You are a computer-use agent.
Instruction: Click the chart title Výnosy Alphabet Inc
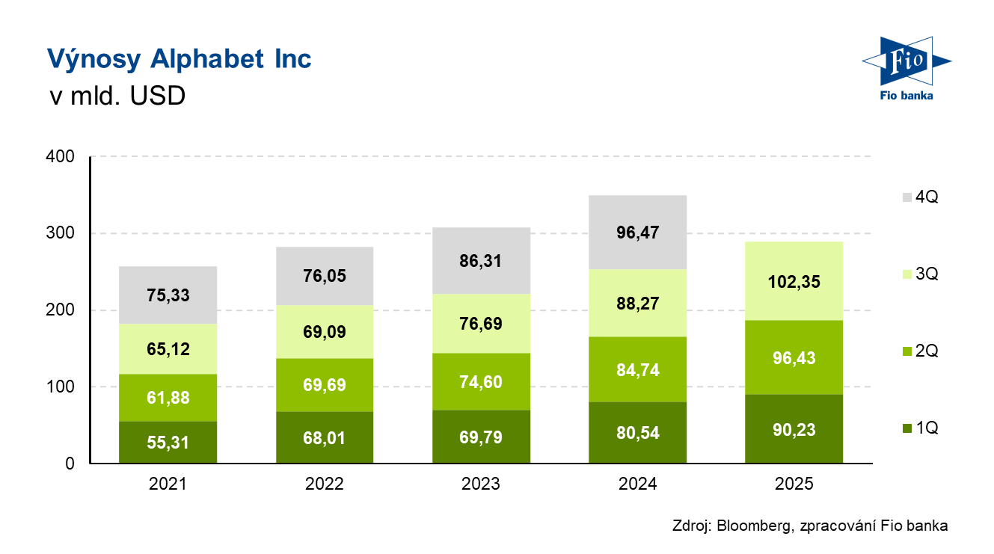179,59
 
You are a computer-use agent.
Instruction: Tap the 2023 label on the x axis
481,484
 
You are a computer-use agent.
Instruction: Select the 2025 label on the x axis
794,484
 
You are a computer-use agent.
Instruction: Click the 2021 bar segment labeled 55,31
168,443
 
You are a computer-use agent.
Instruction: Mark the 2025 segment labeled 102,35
794,281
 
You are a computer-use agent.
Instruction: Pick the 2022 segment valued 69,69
325,384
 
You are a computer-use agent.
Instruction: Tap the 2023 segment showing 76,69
481,323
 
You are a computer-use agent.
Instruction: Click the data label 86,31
481,262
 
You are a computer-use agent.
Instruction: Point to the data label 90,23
794,430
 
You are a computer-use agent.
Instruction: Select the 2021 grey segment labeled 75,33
168,295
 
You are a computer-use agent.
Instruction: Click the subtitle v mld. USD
116,97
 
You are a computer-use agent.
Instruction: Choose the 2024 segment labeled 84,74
638,369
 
